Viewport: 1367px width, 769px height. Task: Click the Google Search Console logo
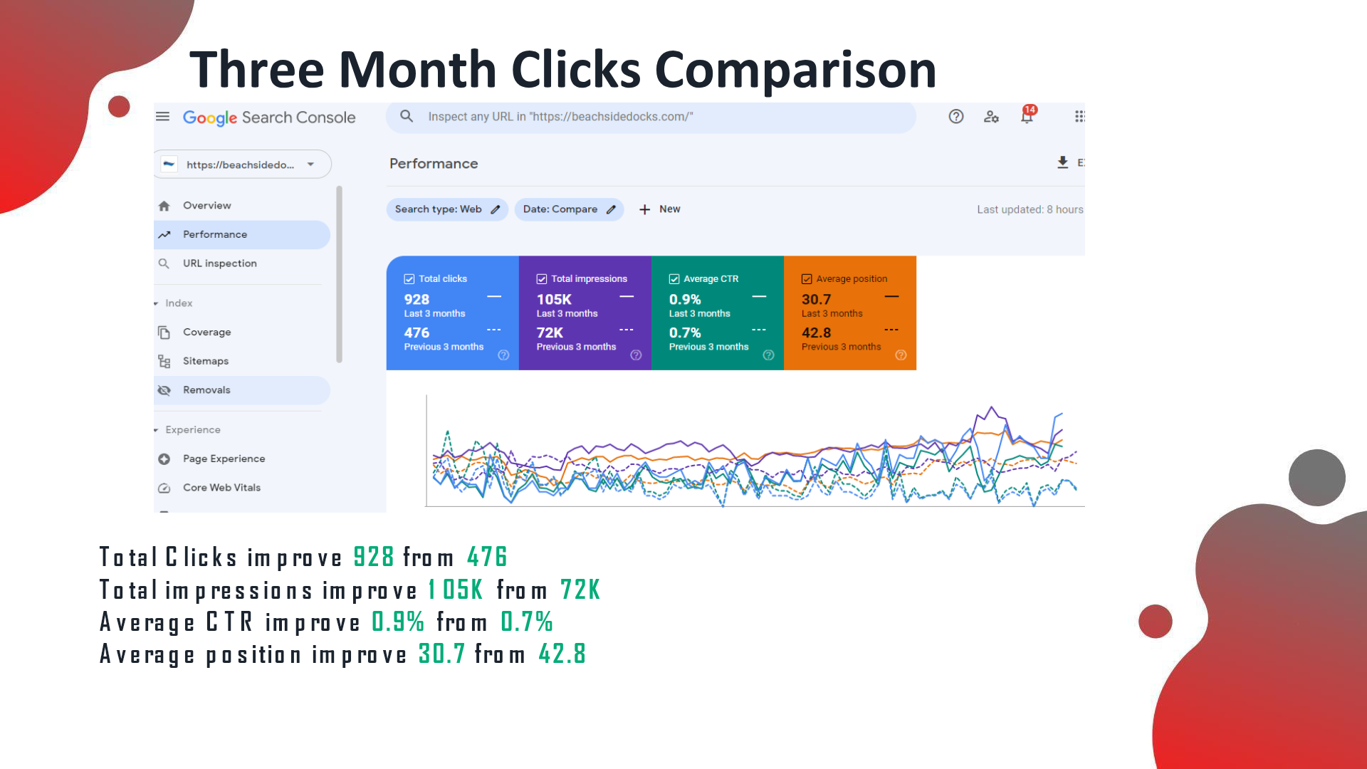tap(269, 117)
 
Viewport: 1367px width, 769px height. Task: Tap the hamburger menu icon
tap(163, 116)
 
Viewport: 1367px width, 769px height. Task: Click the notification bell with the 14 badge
tap(1027, 115)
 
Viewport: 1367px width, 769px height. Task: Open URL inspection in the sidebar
tap(219, 263)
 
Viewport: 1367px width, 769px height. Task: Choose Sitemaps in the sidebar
tap(205, 361)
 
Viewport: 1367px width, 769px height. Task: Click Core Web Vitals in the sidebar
tap(221, 488)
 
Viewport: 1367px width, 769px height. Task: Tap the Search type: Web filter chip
tap(447, 209)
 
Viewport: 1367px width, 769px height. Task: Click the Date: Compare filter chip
tap(569, 209)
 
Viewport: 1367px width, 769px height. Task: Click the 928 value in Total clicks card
tap(417, 300)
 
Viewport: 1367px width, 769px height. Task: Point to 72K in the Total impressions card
tap(550, 333)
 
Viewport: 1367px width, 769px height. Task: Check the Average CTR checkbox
tap(674, 279)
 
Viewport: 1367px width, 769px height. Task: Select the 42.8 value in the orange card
tap(816, 333)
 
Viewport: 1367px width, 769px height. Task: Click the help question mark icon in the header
tap(956, 117)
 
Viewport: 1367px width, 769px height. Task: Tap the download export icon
tap(1062, 162)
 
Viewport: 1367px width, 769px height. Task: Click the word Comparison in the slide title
tap(795, 70)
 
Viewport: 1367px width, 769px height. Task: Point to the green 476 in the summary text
tap(487, 557)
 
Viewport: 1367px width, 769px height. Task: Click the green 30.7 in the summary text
tap(441, 654)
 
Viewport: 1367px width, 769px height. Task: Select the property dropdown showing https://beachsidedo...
tap(243, 164)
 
